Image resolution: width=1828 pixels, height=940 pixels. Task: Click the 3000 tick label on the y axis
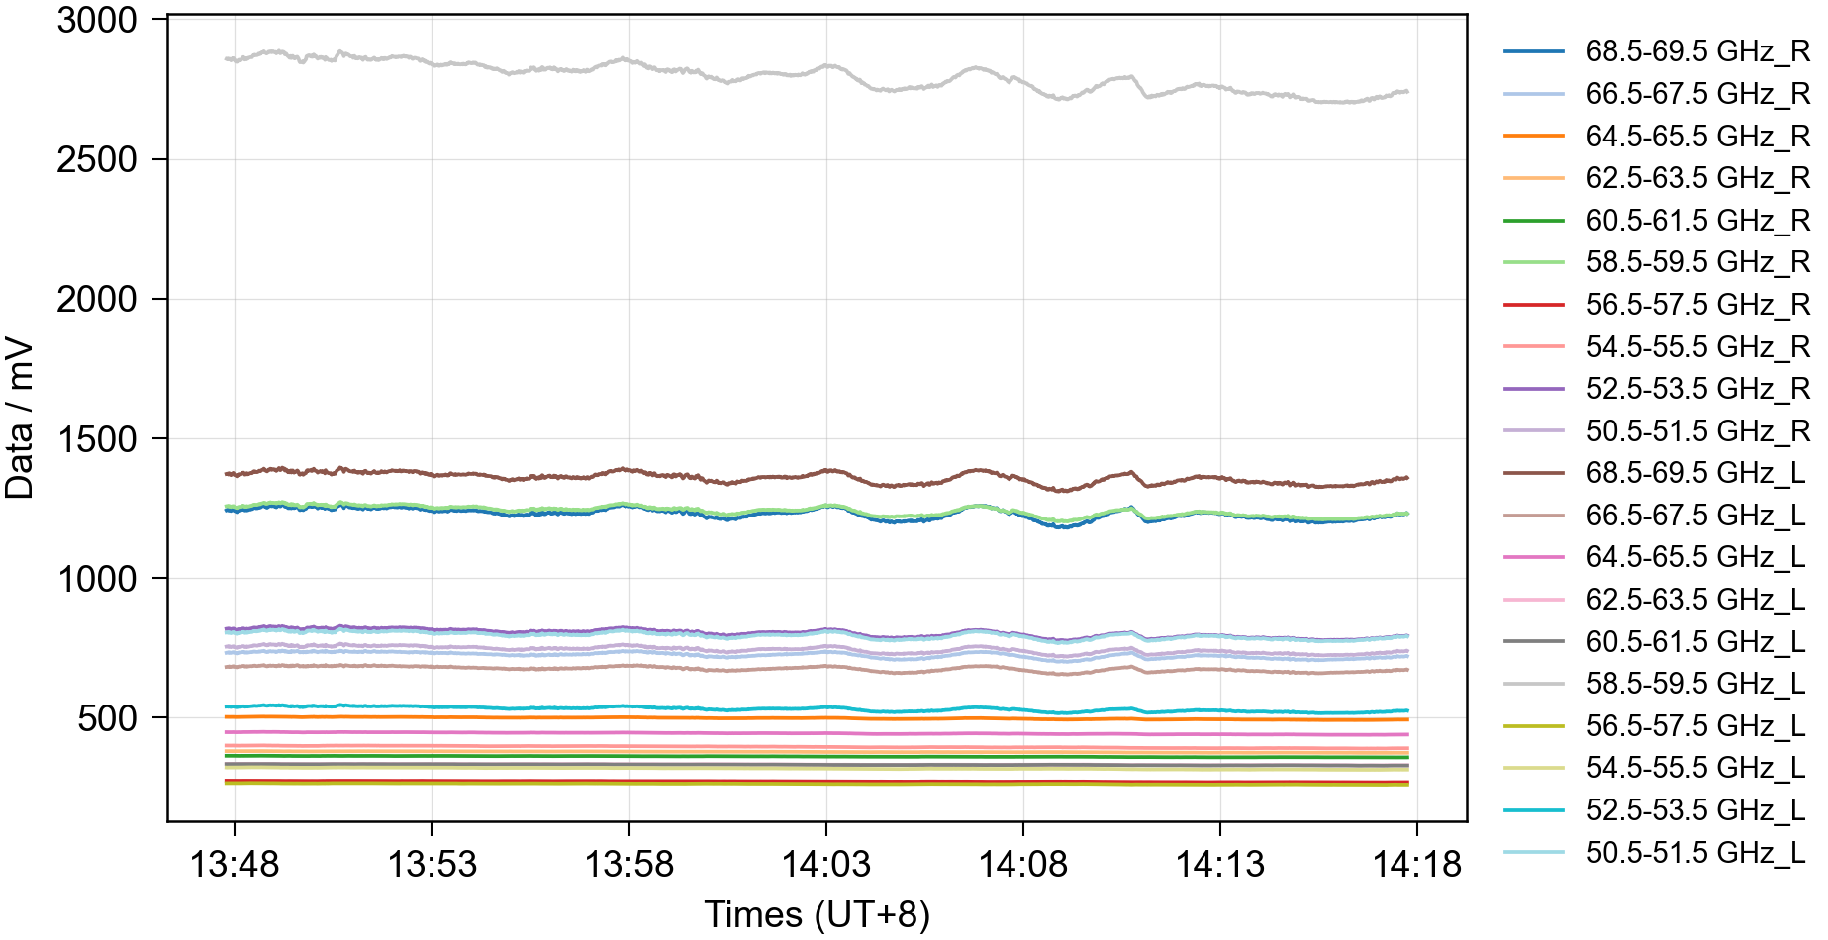pos(97,20)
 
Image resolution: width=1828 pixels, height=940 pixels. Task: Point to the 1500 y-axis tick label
pos(97,439)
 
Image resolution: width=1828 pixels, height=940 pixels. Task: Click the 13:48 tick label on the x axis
pos(235,865)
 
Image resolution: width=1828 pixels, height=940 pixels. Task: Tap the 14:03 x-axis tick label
pos(826,865)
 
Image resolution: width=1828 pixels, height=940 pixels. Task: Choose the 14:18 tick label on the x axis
pos(1416,865)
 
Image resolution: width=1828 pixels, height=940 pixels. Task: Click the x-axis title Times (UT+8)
pos(817,914)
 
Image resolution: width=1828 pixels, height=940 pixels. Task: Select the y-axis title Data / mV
pos(20,420)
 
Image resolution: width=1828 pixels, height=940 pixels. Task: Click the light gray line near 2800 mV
pos(693,72)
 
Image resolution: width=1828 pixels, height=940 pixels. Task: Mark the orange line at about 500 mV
pos(693,717)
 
